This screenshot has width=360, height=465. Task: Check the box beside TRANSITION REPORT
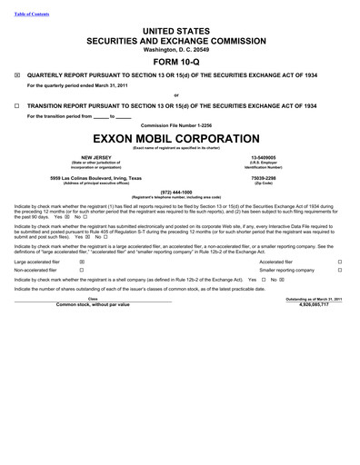tap(18, 105)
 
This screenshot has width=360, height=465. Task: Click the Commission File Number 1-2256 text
tap(179, 124)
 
